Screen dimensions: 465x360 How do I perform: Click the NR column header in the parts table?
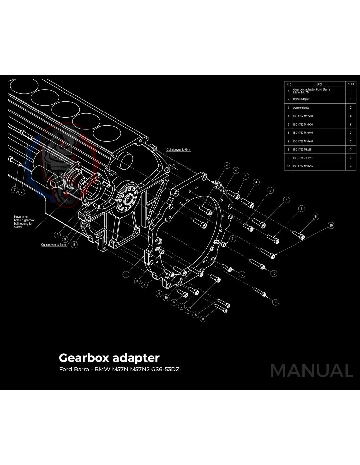click(x=288, y=84)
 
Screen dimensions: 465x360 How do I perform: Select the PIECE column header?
click(x=351, y=84)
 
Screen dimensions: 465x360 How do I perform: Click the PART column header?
click(x=319, y=84)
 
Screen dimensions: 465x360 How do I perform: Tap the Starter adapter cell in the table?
click(x=301, y=99)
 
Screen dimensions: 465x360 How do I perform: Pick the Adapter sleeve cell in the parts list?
click(x=301, y=108)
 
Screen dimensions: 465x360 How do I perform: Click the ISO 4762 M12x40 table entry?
click(x=303, y=116)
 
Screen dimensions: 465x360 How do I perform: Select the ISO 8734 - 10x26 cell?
click(x=302, y=158)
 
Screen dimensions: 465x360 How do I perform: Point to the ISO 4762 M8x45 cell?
click(x=302, y=150)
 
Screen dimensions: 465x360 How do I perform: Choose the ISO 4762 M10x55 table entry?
click(x=303, y=166)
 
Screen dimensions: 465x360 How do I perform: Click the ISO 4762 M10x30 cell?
click(x=303, y=125)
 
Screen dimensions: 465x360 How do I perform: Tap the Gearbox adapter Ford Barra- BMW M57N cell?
click(x=312, y=91)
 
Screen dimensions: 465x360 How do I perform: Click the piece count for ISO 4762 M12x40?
click(x=351, y=116)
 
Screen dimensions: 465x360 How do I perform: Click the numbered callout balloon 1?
click(x=126, y=274)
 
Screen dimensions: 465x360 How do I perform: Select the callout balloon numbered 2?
click(x=58, y=234)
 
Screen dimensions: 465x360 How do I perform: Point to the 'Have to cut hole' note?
click(x=24, y=222)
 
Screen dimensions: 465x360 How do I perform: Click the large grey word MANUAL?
click(x=312, y=370)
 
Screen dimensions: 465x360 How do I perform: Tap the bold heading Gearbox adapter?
click(x=109, y=358)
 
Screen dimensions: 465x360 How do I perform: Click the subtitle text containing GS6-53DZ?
click(x=119, y=370)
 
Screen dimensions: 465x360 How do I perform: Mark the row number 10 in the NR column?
click(x=288, y=166)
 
